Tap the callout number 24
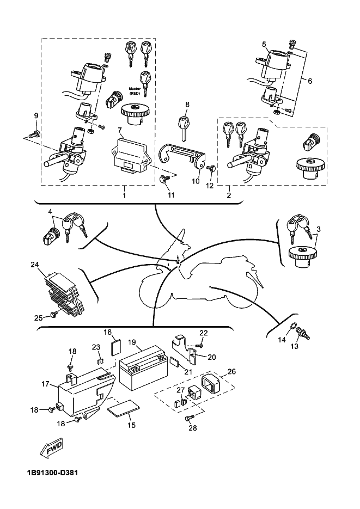[35, 265]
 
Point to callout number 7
[119, 131]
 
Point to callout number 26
[231, 372]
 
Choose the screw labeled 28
[189, 418]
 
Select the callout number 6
[310, 81]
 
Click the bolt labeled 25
[53, 314]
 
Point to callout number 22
[203, 333]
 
